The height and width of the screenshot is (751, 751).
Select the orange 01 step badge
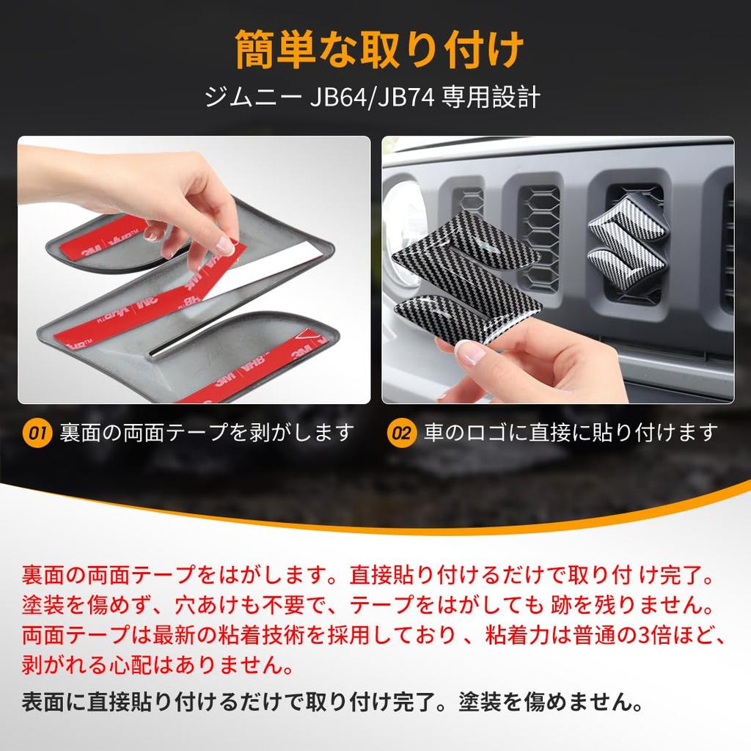click(x=36, y=433)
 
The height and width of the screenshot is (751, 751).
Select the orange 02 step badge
click(x=400, y=433)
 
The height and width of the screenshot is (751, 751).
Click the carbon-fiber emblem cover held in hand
click(x=469, y=271)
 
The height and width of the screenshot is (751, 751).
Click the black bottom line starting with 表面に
click(x=334, y=703)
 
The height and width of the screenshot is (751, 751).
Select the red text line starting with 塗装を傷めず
click(x=367, y=605)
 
